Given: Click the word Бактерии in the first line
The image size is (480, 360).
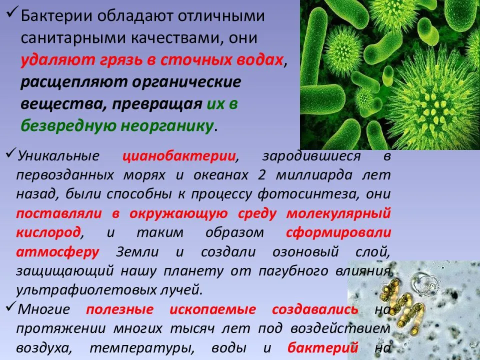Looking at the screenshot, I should click(x=55, y=16).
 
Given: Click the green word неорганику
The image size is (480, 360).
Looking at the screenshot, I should click(x=167, y=126).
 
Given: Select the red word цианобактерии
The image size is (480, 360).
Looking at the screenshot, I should click(x=179, y=155).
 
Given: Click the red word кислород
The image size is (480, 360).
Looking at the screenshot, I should click(x=48, y=232).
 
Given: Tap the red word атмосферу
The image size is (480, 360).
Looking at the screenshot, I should click(x=57, y=251).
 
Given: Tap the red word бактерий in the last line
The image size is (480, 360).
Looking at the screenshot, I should click(x=323, y=347).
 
